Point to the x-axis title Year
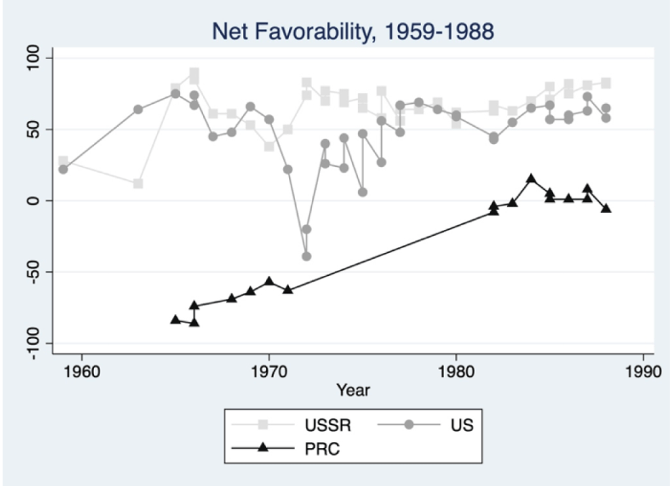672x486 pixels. coord(353,390)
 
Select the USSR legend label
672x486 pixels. coord(328,425)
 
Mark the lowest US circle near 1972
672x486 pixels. coord(306,256)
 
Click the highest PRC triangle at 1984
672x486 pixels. coord(531,179)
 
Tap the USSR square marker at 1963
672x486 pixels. coord(138,183)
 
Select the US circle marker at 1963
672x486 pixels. coord(138,109)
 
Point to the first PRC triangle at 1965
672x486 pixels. coord(175,319)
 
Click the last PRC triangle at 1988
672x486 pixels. coord(606,208)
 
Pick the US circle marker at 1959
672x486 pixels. coord(63,169)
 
